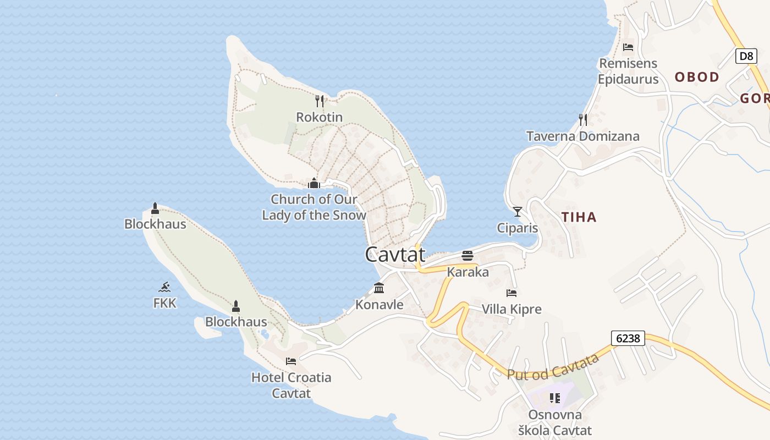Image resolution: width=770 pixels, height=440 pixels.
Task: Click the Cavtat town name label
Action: [395, 254]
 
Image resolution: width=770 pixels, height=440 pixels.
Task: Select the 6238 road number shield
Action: [628, 338]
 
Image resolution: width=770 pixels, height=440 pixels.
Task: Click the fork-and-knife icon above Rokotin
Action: [320, 101]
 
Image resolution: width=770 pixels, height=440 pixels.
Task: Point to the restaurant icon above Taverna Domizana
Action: [583, 119]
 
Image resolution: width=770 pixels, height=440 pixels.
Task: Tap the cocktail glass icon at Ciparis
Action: [517, 211]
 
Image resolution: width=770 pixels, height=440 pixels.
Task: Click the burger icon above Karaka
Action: [468, 255]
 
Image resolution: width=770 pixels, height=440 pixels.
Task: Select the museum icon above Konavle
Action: [379, 288]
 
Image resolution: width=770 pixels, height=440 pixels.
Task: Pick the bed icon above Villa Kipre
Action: [512, 293]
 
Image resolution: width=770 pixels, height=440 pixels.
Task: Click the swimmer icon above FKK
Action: [164, 287]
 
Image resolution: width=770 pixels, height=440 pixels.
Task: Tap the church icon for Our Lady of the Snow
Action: [314, 183]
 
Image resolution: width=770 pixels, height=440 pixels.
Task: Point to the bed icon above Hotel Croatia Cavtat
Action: [291, 361]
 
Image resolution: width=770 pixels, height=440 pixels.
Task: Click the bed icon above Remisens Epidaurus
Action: [628, 47]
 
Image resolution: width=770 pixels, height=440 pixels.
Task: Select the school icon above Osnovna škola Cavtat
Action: [555, 398]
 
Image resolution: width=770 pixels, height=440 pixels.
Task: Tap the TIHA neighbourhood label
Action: [579, 217]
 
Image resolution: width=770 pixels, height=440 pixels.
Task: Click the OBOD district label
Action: [697, 77]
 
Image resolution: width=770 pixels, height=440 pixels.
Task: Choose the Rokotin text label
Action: [319, 117]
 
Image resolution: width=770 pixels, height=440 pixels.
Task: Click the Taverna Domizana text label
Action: [583, 136]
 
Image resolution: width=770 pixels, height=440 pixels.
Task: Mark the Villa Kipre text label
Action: [512, 309]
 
